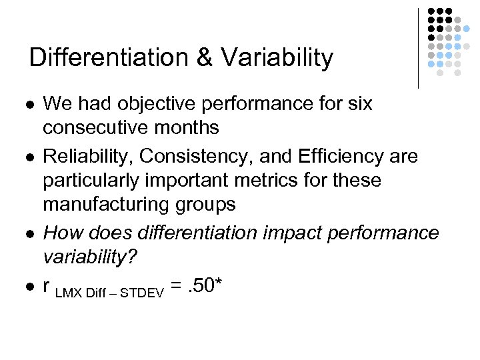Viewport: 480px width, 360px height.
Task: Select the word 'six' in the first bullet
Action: click(x=357, y=104)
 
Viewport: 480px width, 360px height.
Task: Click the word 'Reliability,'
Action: click(x=87, y=156)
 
